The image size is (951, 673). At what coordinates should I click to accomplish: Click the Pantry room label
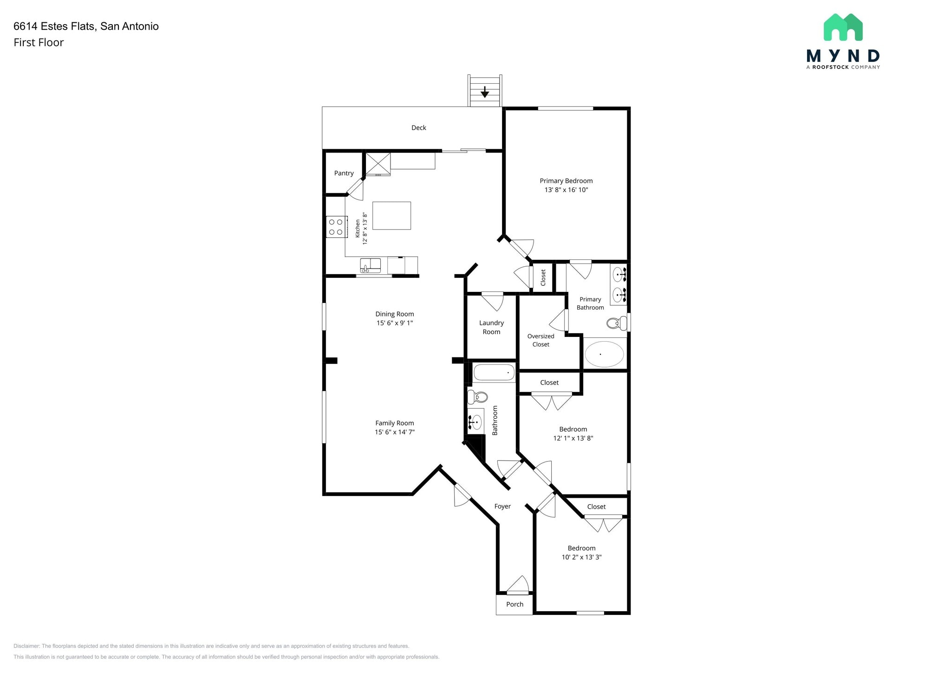tap(344, 173)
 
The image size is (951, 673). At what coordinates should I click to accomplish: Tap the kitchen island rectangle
tap(391, 216)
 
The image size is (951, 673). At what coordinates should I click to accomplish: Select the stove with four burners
tap(336, 227)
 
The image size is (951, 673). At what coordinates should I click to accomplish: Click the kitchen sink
tap(370, 266)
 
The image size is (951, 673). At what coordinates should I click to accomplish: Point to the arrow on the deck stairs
tap(485, 92)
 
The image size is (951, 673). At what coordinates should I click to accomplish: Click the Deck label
tap(418, 128)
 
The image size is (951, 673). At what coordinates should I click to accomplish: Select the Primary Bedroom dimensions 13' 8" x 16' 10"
tap(566, 190)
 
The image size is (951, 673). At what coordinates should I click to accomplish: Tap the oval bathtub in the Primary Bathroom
tap(604, 354)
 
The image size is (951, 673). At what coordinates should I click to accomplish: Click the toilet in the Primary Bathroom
tap(616, 323)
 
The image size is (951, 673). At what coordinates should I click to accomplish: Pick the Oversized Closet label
tap(541, 340)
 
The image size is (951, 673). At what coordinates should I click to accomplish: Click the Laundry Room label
tap(491, 327)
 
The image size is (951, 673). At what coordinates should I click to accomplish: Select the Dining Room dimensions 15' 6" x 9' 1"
tap(395, 323)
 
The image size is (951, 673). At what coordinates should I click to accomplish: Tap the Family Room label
tap(395, 423)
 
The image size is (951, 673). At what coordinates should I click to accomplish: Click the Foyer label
tap(502, 506)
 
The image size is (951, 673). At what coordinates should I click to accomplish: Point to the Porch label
tap(515, 604)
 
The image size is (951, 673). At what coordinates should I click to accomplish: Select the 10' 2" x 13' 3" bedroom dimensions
tap(581, 557)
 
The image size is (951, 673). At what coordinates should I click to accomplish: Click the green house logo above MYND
tap(843, 27)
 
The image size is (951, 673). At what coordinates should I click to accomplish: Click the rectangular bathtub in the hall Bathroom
tap(494, 373)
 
